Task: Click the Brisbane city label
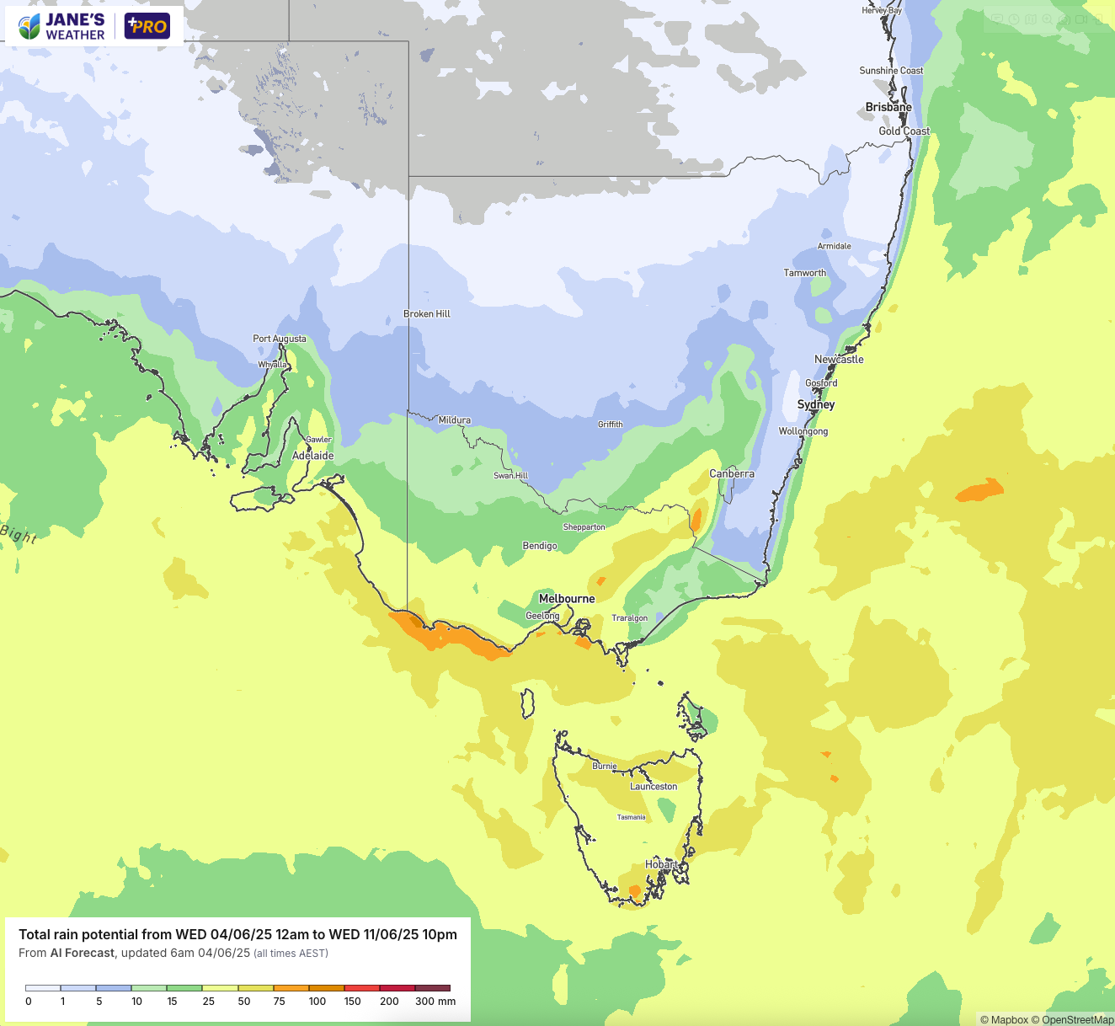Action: pyautogui.click(x=888, y=107)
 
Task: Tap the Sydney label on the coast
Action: pyautogui.click(x=816, y=404)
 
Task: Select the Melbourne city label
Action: pyautogui.click(x=567, y=599)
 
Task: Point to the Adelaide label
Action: pyautogui.click(x=312, y=456)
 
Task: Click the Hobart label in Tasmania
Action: pyautogui.click(x=661, y=864)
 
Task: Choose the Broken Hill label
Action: pyautogui.click(x=427, y=314)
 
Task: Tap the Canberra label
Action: pyautogui.click(x=732, y=473)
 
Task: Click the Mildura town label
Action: pyautogui.click(x=455, y=420)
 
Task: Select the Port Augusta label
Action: pyautogui.click(x=280, y=339)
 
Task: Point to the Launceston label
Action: pyautogui.click(x=654, y=787)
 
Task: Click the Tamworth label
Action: pyautogui.click(x=805, y=273)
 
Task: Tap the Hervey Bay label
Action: pyautogui.click(x=882, y=10)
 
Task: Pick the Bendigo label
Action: pyautogui.click(x=540, y=546)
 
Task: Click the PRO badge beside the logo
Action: pyautogui.click(x=147, y=26)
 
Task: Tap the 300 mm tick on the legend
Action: pyautogui.click(x=435, y=1002)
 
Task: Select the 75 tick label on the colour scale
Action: pyautogui.click(x=280, y=1002)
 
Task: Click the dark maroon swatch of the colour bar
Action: pyautogui.click(x=433, y=988)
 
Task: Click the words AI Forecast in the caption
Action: pyautogui.click(x=82, y=953)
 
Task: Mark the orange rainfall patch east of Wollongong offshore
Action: pyautogui.click(x=979, y=490)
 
